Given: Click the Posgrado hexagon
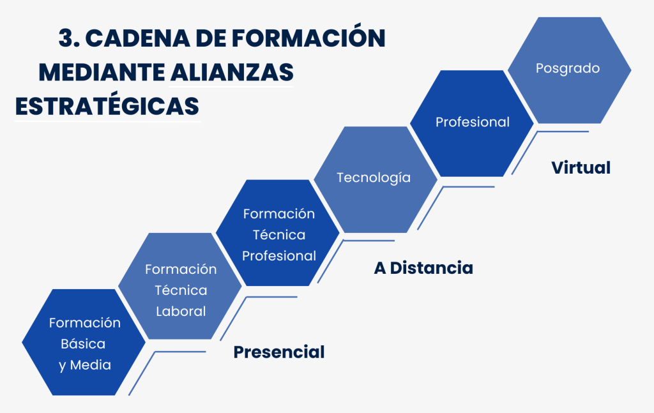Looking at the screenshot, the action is point(569,70).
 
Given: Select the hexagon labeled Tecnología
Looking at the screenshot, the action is point(376,179).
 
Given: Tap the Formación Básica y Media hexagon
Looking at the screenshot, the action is point(84,342).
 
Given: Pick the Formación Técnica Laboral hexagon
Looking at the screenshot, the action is point(179,286).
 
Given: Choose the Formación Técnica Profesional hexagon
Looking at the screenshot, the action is point(278,232).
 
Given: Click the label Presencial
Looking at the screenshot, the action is point(279,352).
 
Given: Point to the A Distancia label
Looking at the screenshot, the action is point(423,268).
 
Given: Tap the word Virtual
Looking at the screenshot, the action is point(581,167).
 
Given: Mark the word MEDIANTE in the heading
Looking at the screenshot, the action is point(102,73).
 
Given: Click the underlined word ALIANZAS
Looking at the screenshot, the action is point(232,73).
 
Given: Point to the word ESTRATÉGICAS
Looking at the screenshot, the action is point(107,105).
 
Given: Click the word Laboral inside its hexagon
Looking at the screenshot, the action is point(181,312).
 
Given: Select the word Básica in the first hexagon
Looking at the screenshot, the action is point(83,344).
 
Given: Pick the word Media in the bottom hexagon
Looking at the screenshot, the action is point(91,365).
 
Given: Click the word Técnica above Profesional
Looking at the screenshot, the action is point(279,235).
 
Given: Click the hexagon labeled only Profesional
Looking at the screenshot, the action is point(472,123).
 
